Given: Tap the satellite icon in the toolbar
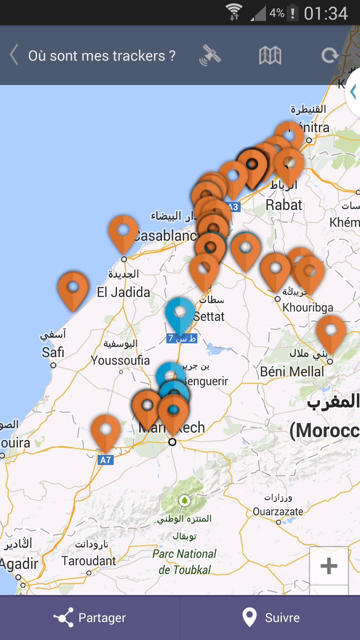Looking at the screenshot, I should click(x=210, y=55).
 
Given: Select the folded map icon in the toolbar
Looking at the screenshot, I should click(x=270, y=55).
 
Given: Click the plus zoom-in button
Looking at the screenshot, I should click(x=329, y=566).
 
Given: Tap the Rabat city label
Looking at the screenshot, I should click(x=284, y=205).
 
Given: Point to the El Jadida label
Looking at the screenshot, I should click(x=123, y=292).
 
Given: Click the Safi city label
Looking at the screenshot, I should click(x=53, y=352).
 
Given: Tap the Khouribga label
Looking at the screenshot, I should click(x=308, y=307).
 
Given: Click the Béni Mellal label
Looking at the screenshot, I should click(x=292, y=372).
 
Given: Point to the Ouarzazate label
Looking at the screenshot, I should click(x=278, y=511).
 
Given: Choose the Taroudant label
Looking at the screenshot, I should click(x=89, y=561).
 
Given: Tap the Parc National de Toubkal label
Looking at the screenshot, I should click(x=185, y=562).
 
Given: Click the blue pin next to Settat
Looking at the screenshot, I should click(x=180, y=315).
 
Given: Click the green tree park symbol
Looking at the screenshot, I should click(x=184, y=500).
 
